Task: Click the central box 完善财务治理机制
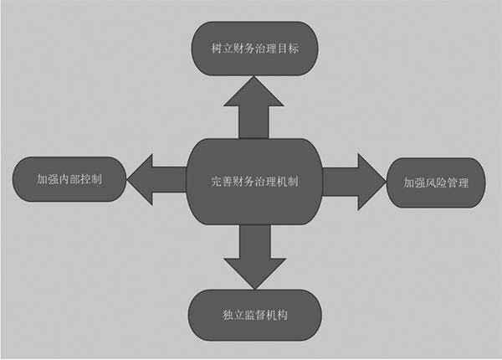click(254, 182)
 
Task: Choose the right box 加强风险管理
click(435, 182)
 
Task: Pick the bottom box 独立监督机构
click(255, 316)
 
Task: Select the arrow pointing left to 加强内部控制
click(157, 179)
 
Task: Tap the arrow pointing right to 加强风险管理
click(352, 181)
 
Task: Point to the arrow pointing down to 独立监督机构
click(254, 256)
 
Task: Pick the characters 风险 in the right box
click(435, 182)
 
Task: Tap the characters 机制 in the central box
click(288, 182)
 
